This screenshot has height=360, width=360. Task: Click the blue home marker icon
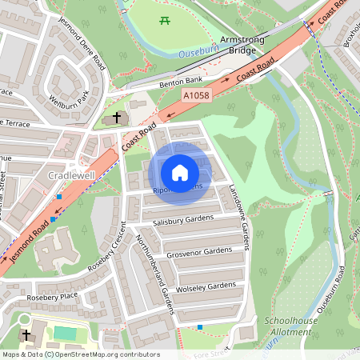(180, 172)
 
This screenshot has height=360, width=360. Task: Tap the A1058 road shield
(197, 94)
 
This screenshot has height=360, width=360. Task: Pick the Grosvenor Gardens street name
(198, 254)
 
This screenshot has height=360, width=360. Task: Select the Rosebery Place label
(51, 297)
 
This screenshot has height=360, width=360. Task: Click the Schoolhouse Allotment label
(288, 326)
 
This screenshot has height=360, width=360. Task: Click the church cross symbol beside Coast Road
(118, 118)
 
